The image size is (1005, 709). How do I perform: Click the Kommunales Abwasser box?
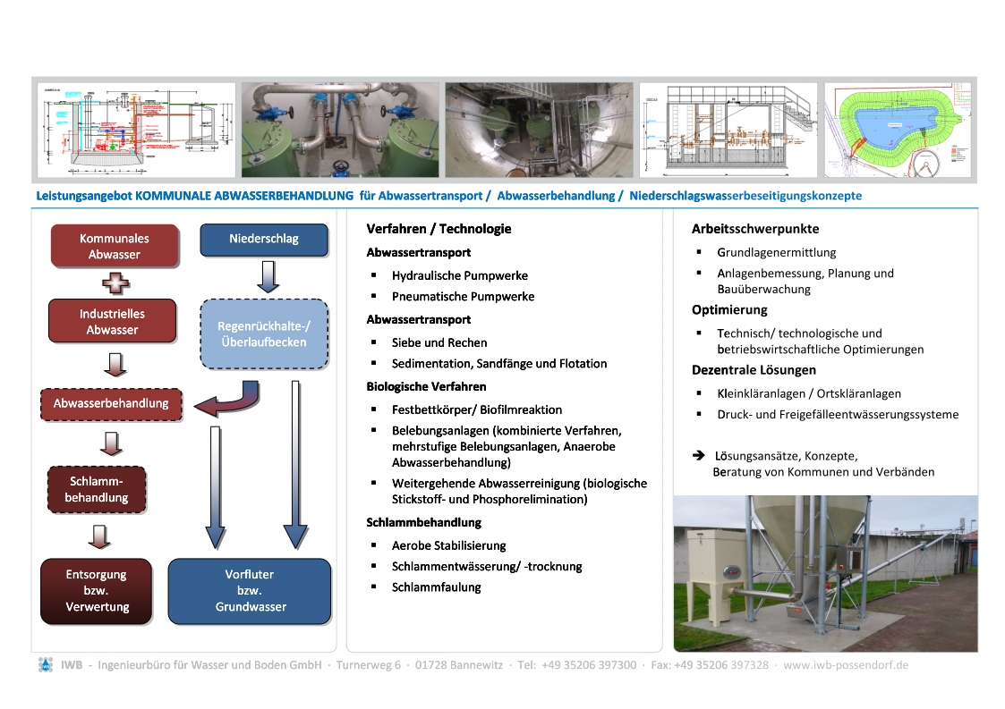click(x=114, y=246)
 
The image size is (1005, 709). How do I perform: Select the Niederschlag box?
click(x=264, y=239)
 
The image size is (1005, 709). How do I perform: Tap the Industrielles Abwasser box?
click(x=112, y=322)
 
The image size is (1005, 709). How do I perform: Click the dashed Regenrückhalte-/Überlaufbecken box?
click(x=264, y=334)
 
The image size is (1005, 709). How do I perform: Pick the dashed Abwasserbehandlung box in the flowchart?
click(x=111, y=403)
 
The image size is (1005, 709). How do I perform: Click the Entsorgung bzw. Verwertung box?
click(x=96, y=591)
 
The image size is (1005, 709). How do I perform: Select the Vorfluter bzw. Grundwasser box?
click(x=250, y=591)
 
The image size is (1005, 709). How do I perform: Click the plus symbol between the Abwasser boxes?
click(x=115, y=283)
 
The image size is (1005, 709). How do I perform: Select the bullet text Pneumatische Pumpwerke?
click(x=463, y=296)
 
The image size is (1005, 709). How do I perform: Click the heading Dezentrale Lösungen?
click(x=754, y=369)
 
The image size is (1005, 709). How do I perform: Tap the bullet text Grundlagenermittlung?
click(x=776, y=252)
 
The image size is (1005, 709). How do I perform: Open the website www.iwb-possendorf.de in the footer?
click(x=846, y=665)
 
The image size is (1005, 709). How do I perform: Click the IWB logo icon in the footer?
click(x=46, y=665)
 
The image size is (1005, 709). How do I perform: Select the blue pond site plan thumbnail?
click(x=899, y=131)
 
